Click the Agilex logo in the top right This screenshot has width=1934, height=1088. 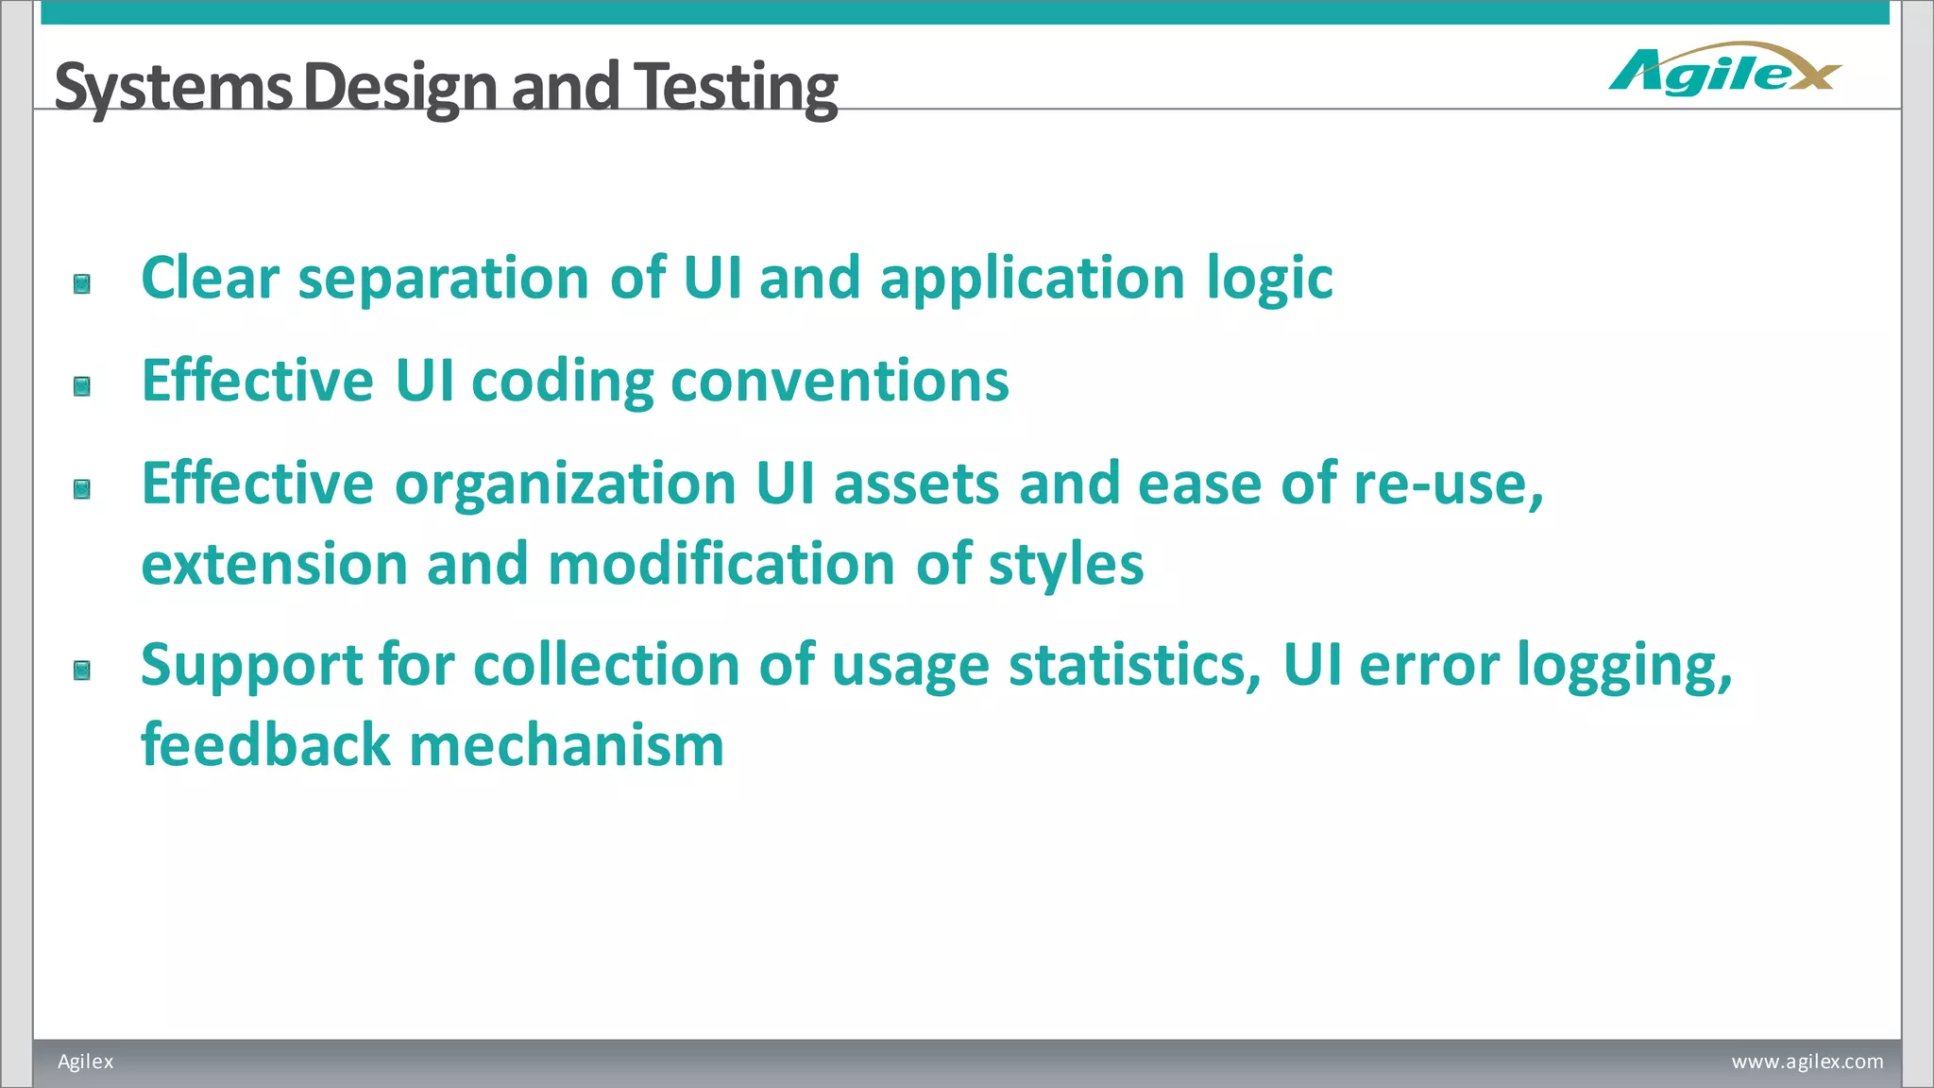[x=1724, y=70]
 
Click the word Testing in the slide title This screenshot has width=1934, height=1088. [x=735, y=87]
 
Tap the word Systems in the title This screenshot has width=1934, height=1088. [x=173, y=87]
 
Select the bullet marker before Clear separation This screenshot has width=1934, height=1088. [x=82, y=284]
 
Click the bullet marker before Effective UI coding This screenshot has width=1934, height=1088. [x=82, y=386]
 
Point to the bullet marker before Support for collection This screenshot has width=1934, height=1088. [x=82, y=671]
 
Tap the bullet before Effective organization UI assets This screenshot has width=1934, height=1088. [x=82, y=489]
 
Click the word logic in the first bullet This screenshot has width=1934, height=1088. [x=1269, y=280]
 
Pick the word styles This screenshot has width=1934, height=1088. [x=1065, y=565]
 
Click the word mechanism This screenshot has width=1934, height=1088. [x=567, y=746]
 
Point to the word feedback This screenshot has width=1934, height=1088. [x=265, y=746]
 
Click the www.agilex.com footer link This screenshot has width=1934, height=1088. [x=1807, y=1062]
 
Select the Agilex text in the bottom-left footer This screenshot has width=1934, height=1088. [x=85, y=1062]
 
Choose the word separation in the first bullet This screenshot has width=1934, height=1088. [x=444, y=280]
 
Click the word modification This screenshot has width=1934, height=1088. [x=721, y=565]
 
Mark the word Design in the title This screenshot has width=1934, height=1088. [x=399, y=87]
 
